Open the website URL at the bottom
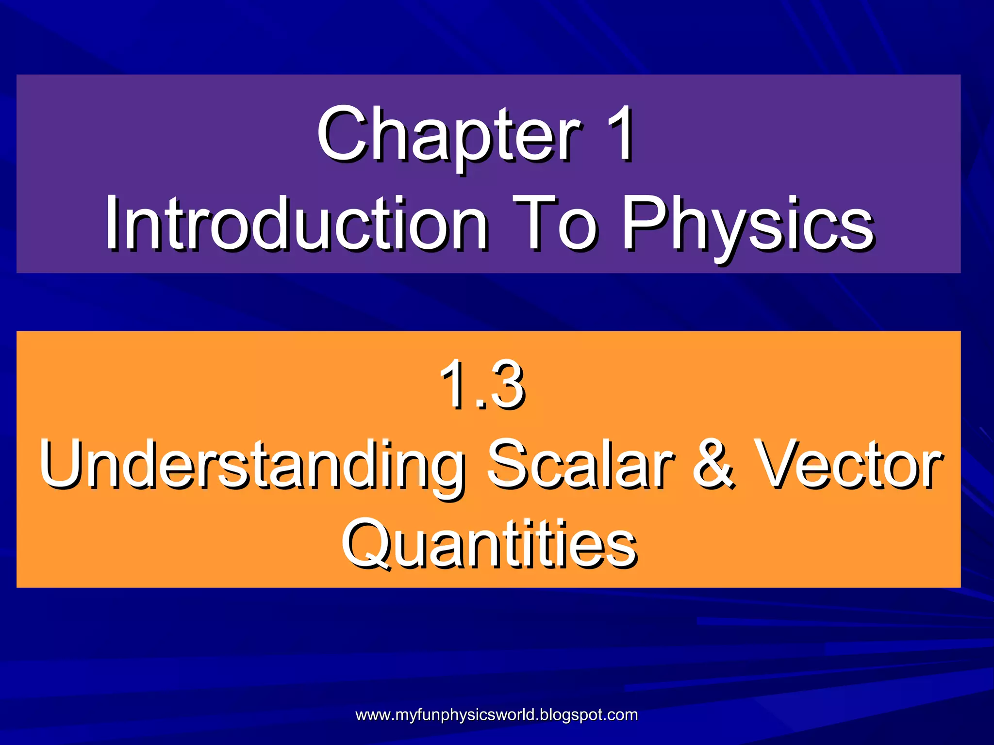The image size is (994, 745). [497, 714]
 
